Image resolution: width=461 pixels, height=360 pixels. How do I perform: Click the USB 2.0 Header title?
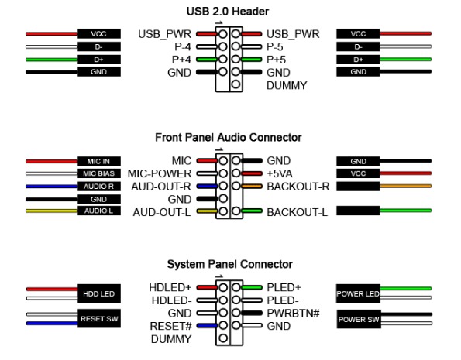(228, 12)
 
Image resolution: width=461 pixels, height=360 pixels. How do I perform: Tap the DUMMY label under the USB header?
(287, 85)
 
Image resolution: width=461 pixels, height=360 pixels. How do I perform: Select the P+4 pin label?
(181, 60)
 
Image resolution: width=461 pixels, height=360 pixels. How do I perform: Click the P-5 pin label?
(274, 46)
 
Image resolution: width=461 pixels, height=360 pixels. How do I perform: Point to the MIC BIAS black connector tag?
(99, 173)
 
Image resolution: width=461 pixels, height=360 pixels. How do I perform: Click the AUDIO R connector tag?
(99, 187)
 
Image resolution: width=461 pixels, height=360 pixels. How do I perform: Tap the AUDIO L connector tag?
(99, 211)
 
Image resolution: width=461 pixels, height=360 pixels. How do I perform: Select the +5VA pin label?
(280, 173)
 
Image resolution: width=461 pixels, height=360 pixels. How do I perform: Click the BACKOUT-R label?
(298, 187)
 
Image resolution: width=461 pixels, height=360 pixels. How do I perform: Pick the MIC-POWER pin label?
(160, 173)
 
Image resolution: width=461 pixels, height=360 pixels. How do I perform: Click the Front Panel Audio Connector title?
(228, 138)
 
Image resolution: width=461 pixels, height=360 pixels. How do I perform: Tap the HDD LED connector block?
(99, 293)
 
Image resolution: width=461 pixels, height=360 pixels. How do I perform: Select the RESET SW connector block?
(99, 318)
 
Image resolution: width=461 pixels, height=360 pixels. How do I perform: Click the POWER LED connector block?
(358, 293)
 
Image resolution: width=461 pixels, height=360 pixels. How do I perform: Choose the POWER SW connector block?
(359, 319)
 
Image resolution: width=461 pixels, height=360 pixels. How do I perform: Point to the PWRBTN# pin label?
(293, 314)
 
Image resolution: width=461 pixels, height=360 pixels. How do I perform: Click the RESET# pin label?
(170, 326)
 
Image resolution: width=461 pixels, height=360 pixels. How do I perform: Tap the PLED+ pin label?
(284, 287)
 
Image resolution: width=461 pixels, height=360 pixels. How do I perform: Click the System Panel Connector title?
(229, 264)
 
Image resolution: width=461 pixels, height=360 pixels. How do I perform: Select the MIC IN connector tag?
(99, 161)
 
